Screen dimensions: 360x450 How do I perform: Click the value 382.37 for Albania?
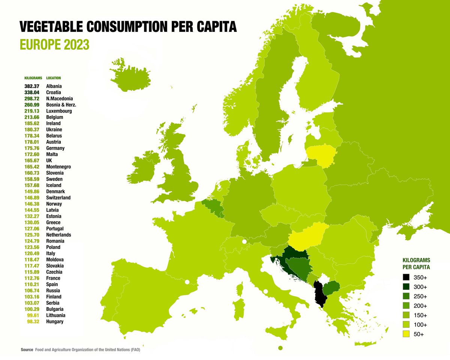[x=33, y=86]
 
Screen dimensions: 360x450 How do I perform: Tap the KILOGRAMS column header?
[x=33, y=78]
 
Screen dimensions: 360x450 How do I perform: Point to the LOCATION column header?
[x=53, y=78]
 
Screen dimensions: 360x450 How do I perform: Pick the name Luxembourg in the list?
[x=59, y=111]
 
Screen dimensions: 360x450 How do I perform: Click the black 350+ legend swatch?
[x=406, y=278]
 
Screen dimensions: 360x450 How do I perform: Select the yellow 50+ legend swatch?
[x=406, y=334]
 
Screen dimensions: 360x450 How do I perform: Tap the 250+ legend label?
[x=420, y=297]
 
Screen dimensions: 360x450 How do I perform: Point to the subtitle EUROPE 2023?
[x=54, y=45]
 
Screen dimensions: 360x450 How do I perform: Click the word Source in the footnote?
[x=27, y=349]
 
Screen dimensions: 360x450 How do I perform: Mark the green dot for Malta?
[x=280, y=348]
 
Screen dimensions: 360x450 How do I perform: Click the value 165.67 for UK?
[x=33, y=160]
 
